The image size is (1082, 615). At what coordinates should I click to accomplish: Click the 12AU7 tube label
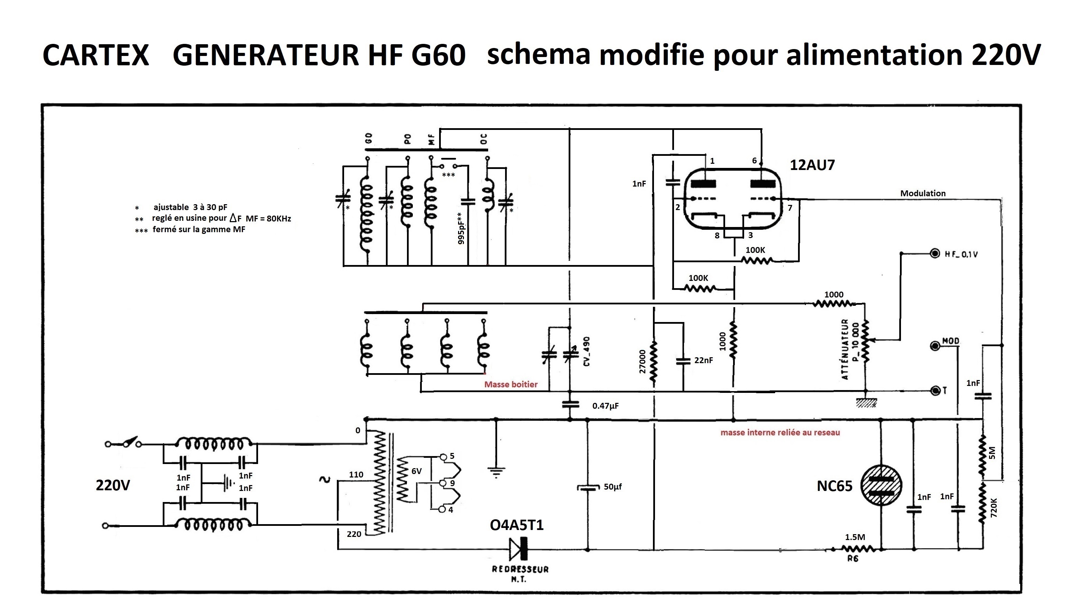point(812,165)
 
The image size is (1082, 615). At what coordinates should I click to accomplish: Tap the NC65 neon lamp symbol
point(881,486)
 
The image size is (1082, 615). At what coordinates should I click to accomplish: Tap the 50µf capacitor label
point(613,486)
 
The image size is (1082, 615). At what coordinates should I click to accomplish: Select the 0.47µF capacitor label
point(605,406)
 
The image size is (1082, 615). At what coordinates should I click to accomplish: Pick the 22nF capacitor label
point(703,360)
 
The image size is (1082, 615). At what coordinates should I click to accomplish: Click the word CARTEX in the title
point(96,55)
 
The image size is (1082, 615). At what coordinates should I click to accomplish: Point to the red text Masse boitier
point(511,384)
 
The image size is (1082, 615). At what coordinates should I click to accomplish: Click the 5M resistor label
point(993,453)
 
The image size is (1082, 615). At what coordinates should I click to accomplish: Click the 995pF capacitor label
point(461,228)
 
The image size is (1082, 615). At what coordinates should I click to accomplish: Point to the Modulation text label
point(923,193)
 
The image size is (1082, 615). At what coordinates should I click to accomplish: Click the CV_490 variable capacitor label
point(586,351)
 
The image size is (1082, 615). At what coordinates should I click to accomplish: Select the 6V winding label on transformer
point(416,471)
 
